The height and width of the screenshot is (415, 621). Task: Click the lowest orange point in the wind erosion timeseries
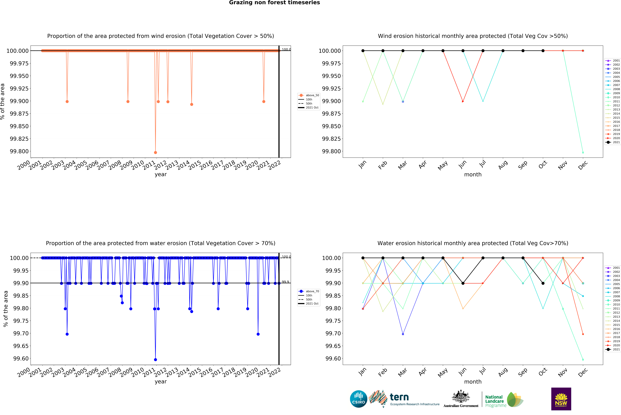[x=155, y=152]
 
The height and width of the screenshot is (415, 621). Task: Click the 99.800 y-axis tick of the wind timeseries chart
[x=19, y=151]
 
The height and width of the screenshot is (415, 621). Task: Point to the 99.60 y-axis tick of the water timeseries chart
[x=21, y=359]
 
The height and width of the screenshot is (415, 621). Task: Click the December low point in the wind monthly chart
[x=583, y=152]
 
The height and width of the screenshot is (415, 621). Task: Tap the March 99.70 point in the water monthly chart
[x=403, y=334]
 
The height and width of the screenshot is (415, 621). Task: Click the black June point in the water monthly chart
[x=463, y=283]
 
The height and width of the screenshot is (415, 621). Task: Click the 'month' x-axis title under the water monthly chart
[x=473, y=382]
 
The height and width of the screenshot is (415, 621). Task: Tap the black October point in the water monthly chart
[x=543, y=283]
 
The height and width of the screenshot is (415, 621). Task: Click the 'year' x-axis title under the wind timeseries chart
[x=161, y=174]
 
